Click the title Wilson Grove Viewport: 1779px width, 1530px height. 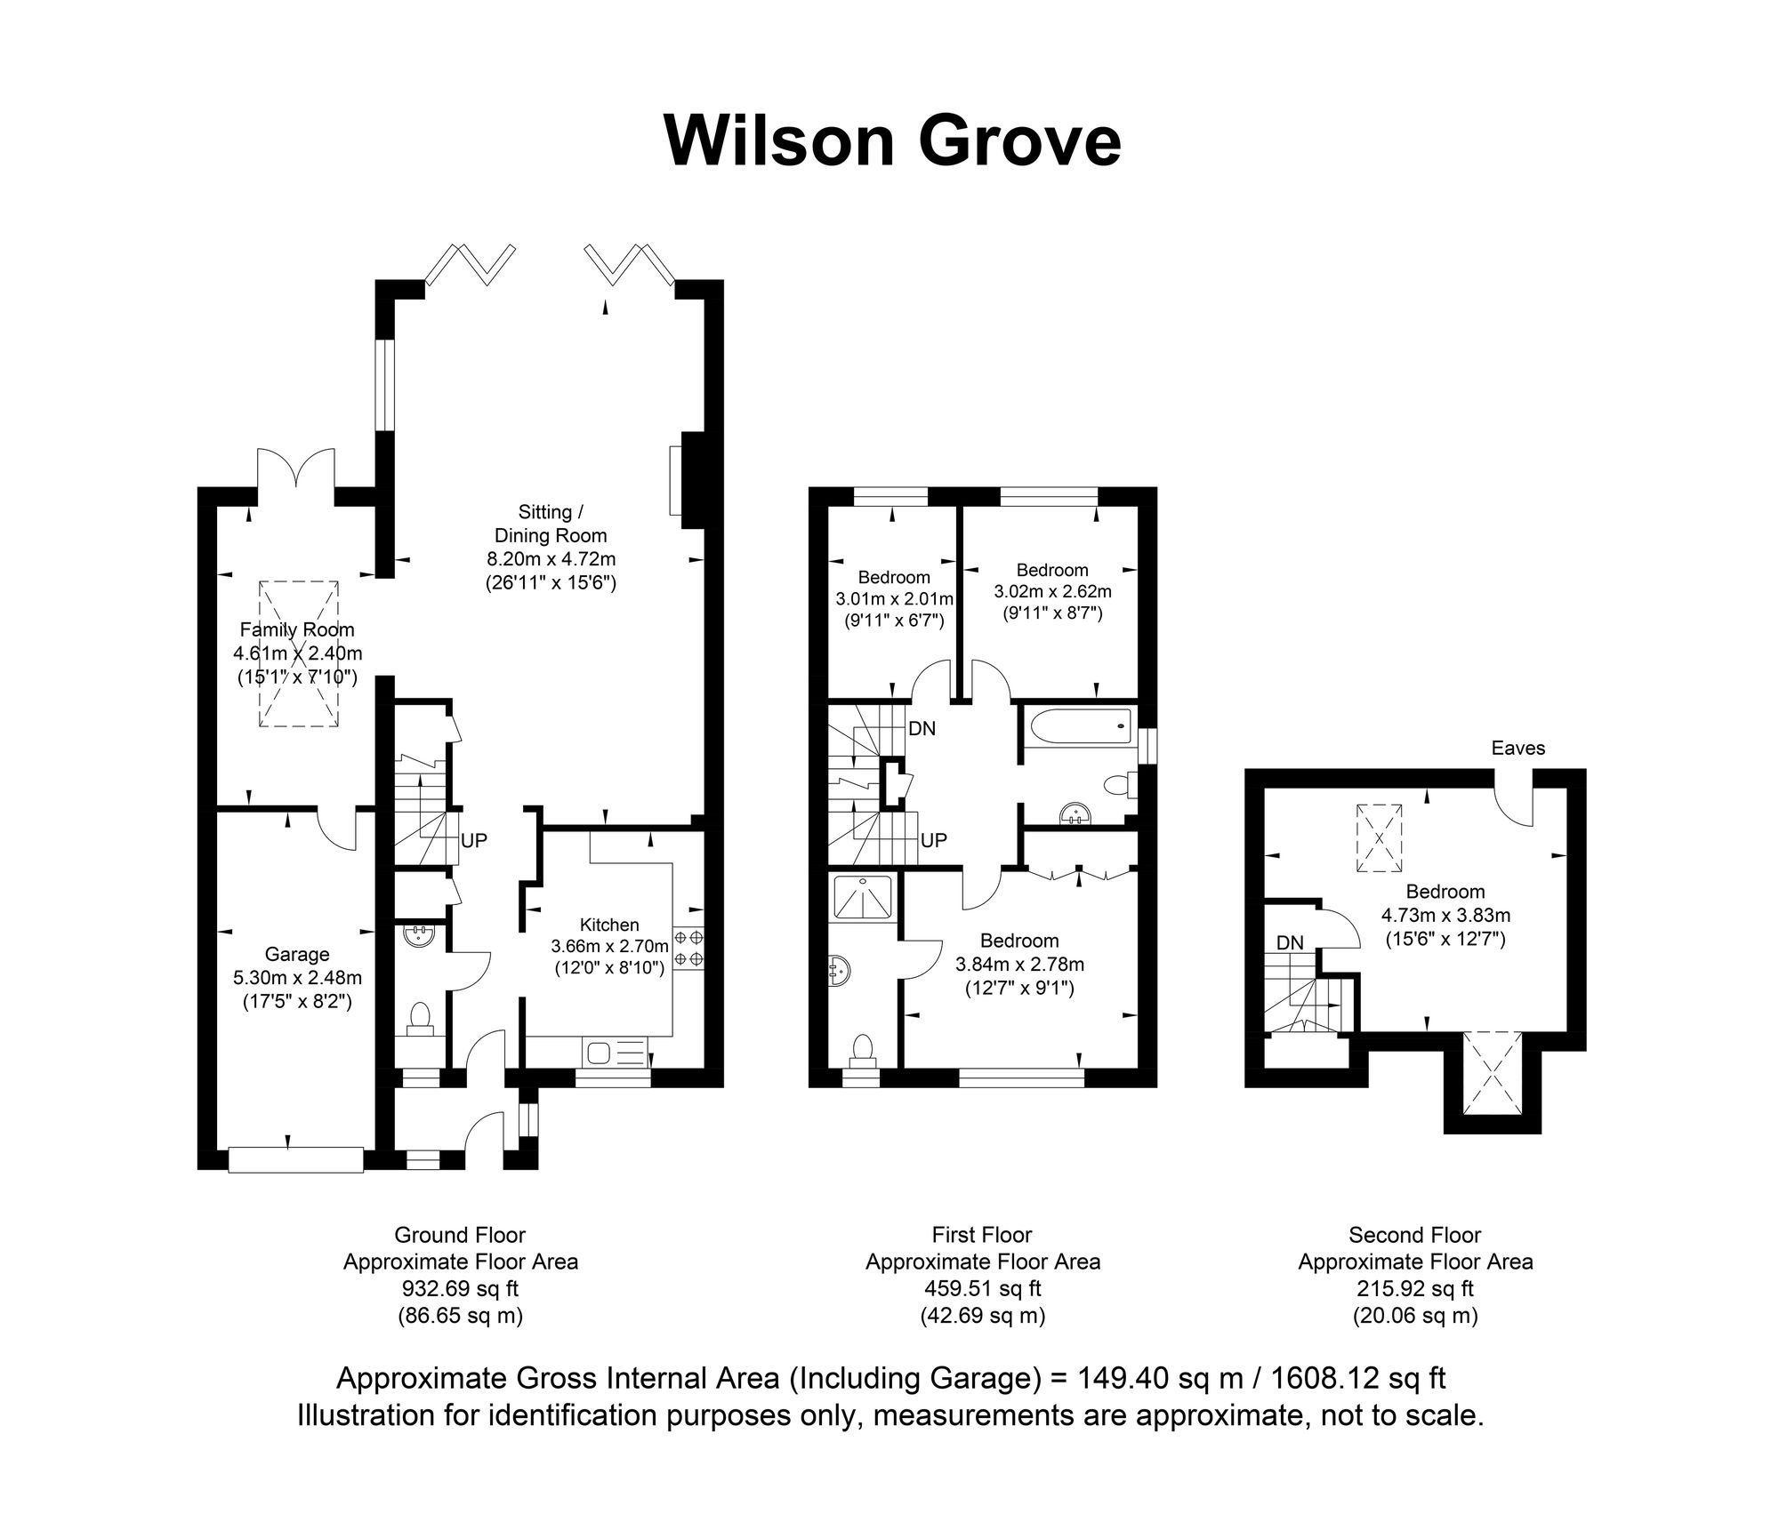pyautogui.click(x=892, y=140)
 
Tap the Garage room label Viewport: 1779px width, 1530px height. pyautogui.click(x=297, y=954)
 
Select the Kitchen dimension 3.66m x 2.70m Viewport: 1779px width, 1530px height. pyautogui.click(x=609, y=946)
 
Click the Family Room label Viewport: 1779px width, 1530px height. pyautogui.click(x=297, y=629)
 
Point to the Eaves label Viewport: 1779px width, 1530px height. pyautogui.click(x=1518, y=748)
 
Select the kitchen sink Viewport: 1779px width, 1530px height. pyautogui.click(x=615, y=1053)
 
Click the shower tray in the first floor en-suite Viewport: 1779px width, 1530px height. pyautogui.click(x=865, y=897)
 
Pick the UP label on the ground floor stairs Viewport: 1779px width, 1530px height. pyautogui.click(x=474, y=840)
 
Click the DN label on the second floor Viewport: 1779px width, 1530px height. pyautogui.click(x=1291, y=942)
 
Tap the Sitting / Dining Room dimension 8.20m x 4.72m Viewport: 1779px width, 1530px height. pyautogui.click(x=551, y=559)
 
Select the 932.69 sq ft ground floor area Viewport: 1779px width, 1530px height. pyautogui.click(x=461, y=1288)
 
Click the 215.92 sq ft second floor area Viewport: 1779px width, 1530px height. pyautogui.click(x=1415, y=1288)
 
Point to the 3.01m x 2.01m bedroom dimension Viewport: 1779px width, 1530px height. pyautogui.click(x=894, y=598)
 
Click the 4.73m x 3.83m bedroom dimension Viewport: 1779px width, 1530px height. pyautogui.click(x=1445, y=915)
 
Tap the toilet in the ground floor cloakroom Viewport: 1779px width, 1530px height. pyautogui.click(x=419, y=1020)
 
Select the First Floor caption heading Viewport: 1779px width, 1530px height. pyautogui.click(x=982, y=1235)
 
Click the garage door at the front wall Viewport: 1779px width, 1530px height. pyautogui.click(x=296, y=1160)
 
